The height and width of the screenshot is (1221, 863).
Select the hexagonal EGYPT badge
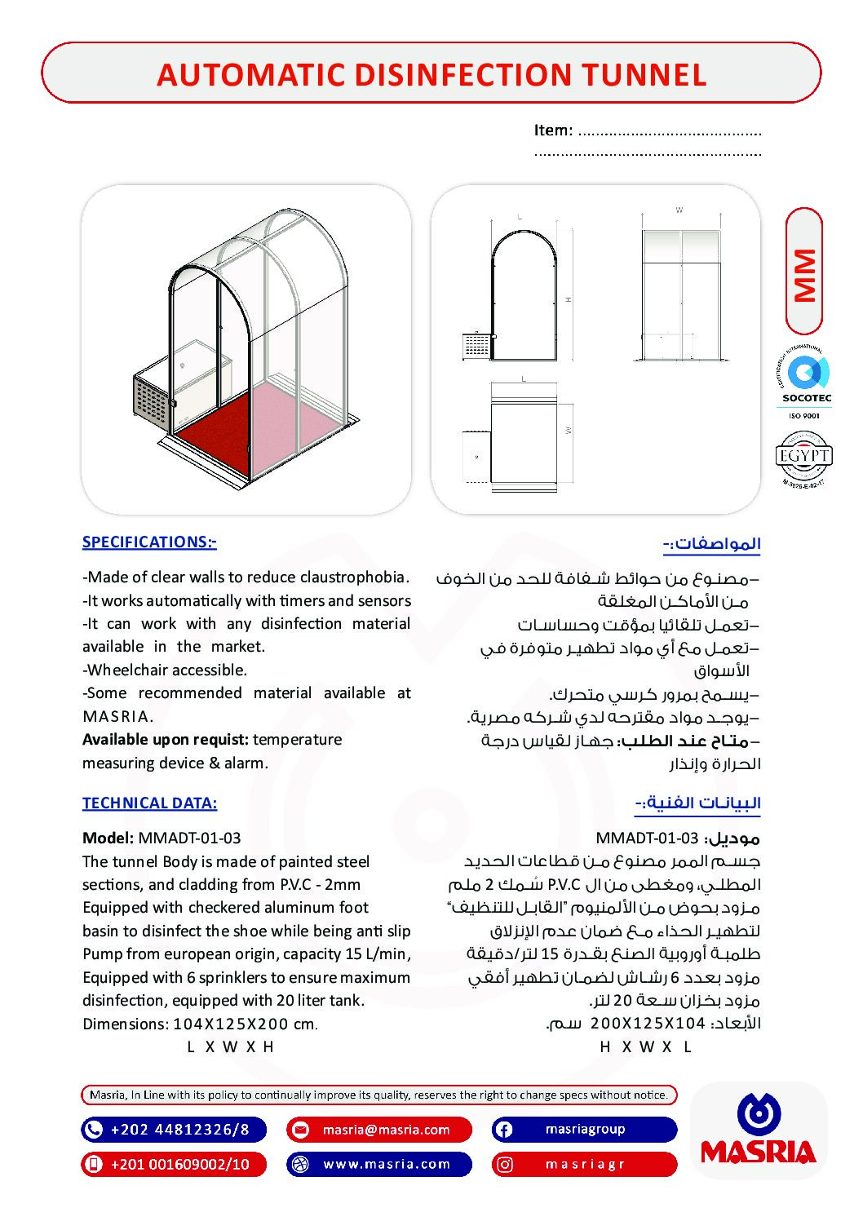803,457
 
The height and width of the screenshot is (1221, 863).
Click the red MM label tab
804,273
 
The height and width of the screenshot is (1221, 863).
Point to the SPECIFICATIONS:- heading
149,542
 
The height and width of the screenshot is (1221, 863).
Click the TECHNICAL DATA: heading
149,803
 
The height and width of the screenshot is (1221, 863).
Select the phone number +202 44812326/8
179,1130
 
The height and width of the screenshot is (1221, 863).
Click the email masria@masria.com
386,1130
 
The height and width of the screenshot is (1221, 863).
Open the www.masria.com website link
387,1164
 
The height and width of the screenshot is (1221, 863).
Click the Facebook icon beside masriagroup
504,1130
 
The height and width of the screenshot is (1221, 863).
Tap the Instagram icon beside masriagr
505,1164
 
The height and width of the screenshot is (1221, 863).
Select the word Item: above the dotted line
553,131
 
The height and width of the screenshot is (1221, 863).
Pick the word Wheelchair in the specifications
126,670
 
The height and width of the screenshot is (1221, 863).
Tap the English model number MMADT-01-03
189,838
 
